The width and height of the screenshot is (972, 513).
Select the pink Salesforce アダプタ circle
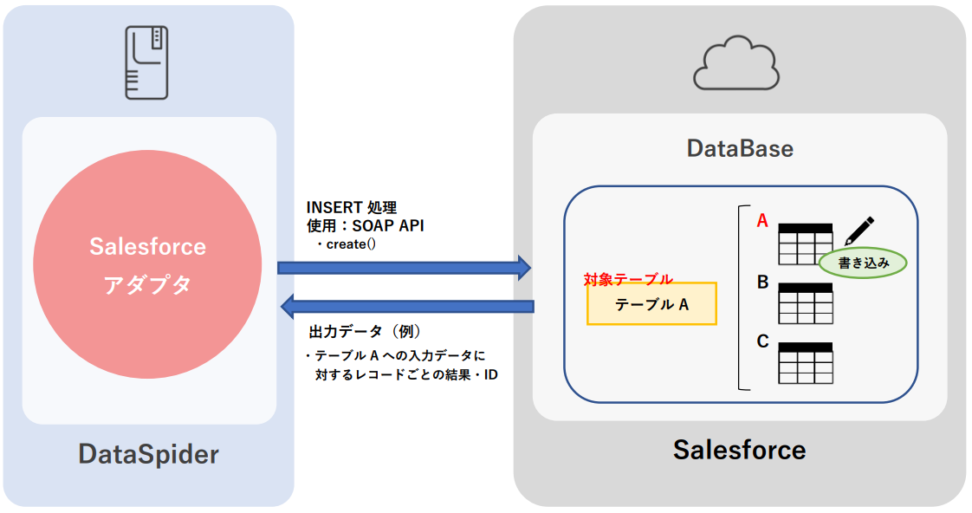(x=147, y=263)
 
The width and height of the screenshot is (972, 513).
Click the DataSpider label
(x=148, y=454)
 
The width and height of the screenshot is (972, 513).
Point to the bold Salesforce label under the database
(x=739, y=450)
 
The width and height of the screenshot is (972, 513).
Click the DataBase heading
(x=739, y=148)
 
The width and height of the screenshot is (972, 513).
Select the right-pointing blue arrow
(x=404, y=268)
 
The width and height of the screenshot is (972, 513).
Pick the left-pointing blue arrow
(x=407, y=306)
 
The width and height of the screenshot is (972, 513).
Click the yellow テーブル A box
(x=651, y=304)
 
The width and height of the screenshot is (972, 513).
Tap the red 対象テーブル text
(x=628, y=279)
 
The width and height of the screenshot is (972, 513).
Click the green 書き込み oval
(x=863, y=263)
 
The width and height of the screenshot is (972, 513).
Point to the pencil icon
(x=859, y=230)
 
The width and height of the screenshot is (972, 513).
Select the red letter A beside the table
(x=762, y=221)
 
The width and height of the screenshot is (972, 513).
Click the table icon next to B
(x=806, y=302)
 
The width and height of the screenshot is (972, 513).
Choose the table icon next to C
(x=806, y=362)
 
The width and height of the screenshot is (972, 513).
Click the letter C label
(x=762, y=341)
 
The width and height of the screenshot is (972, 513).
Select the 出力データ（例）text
(x=365, y=332)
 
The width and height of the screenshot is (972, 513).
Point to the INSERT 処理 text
(x=351, y=208)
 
